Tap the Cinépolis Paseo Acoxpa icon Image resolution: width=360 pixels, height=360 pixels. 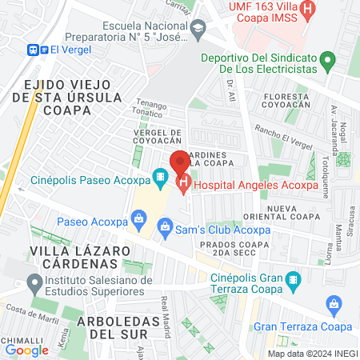(160, 175)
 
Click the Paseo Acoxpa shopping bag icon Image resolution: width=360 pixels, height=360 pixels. (139, 217)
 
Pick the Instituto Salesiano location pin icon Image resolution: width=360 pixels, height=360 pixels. (34, 282)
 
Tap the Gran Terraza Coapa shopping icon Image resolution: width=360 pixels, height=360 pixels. (335, 304)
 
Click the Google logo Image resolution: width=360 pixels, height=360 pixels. (26, 350)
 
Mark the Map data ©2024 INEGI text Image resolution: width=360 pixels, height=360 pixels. (311, 354)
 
